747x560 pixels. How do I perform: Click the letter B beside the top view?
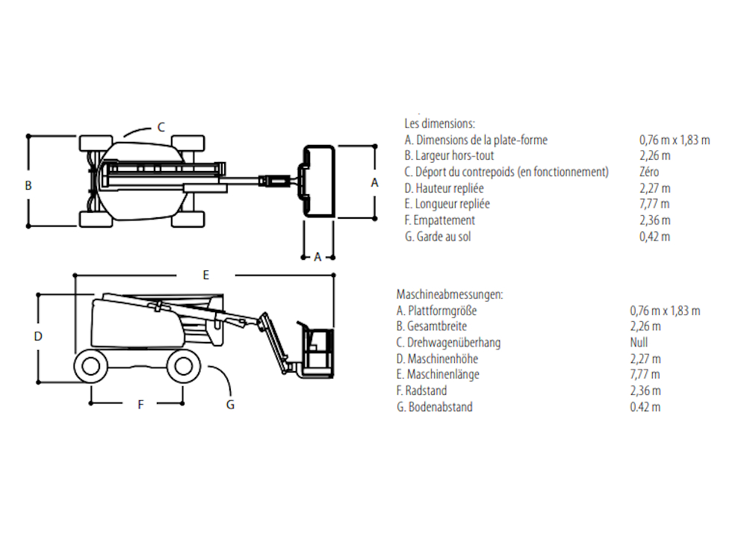pyautogui.click(x=28, y=185)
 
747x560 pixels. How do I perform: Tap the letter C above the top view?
pyautogui.click(x=161, y=127)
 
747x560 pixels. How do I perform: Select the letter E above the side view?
pyautogui.click(x=206, y=275)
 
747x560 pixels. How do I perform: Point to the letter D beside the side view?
pyautogui.click(x=38, y=336)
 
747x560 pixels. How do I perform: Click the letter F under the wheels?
pyautogui.click(x=140, y=404)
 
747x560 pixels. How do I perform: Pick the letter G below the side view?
pyautogui.click(x=230, y=404)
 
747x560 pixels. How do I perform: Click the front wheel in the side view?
pyautogui.click(x=184, y=366)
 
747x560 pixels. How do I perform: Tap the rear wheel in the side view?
pyautogui.click(x=90, y=366)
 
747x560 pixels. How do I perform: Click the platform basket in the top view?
pyautogui.click(x=318, y=181)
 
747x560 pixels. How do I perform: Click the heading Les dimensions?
pyautogui.click(x=440, y=123)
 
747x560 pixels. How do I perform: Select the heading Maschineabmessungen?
pyautogui.click(x=450, y=294)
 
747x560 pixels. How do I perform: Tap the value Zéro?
pyautogui.click(x=649, y=172)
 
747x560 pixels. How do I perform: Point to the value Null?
pyautogui.click(x=639, y=343)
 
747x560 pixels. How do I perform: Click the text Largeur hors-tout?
pyautogui.click(x=454, y=155)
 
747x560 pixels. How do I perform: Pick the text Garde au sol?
pyautogui.click(x=444, y=236)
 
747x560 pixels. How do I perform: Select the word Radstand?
pyautogui.click(x=426, y=391)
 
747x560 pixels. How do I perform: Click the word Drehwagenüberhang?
pyautogui.click(x=454, y=343)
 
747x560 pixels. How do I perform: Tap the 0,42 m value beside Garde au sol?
pyautogui.click(x=654, y=236)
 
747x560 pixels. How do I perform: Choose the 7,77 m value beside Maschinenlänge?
pyautogui.click(x=645, y=374)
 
